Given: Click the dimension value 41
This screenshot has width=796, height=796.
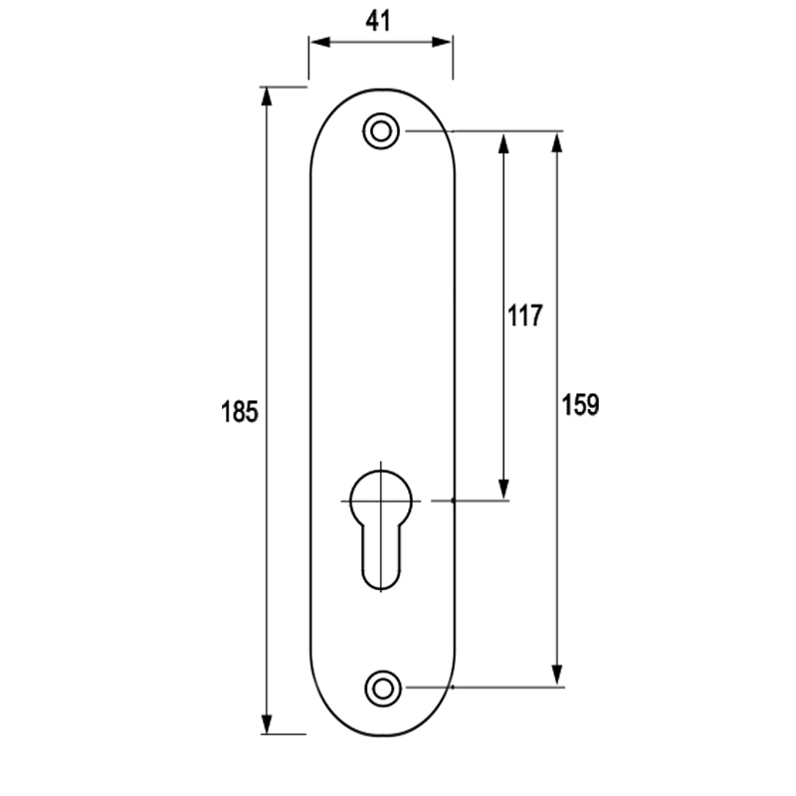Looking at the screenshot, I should coord(380,22).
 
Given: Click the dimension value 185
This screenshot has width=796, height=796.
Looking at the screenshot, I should coord(240,411).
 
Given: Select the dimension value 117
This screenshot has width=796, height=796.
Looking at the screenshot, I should coord(524,316).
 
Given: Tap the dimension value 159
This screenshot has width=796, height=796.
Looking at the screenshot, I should coord(580,405).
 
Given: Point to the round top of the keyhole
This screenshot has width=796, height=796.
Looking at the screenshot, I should coord(381,493).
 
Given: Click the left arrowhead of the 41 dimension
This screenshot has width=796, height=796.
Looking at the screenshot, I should coord(316,43).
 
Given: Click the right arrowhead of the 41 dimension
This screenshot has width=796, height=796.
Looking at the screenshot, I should coord(446,43).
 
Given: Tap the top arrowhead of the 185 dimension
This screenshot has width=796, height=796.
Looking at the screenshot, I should coord(266,97).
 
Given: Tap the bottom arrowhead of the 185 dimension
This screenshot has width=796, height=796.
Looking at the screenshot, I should coord(266,724).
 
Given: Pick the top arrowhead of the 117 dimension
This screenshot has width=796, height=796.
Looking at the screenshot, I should coord(503,140).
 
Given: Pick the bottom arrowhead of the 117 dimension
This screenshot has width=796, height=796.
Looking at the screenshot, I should coord(503,490).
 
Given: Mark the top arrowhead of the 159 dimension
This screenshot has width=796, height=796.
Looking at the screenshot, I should coord(557,140).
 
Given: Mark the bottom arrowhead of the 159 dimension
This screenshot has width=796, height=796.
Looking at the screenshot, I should coord(557,677).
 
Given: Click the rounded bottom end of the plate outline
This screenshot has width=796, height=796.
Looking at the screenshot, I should coord(381,734).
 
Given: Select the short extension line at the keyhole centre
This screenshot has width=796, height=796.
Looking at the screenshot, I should coord(478,500).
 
